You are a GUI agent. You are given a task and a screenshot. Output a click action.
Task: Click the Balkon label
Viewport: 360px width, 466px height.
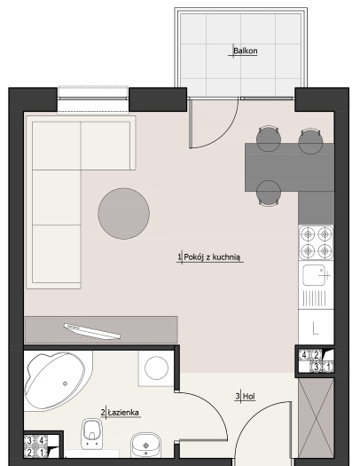coord(245,51)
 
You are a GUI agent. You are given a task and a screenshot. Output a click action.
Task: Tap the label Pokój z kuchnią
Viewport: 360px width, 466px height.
coord(212,257)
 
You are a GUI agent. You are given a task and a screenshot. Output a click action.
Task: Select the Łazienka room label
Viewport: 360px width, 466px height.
coord(123,413)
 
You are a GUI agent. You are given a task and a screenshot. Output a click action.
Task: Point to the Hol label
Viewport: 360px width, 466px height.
coord(249,396)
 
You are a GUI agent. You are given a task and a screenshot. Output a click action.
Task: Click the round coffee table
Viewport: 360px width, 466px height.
coord(124,213)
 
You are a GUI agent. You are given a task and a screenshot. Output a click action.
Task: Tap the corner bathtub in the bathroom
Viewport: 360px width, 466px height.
coord(58,381)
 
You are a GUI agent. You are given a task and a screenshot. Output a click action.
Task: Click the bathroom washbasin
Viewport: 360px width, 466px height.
coord(145,445)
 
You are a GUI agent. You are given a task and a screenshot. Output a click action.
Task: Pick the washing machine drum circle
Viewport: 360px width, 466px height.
coord(156,368)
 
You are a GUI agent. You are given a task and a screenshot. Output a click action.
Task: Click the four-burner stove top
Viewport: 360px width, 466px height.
coord(316,242)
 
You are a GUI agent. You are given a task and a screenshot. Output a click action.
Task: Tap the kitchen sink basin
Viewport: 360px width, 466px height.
coord(314,275)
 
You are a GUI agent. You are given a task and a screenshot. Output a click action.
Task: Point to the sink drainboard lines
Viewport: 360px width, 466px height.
coord(314,298)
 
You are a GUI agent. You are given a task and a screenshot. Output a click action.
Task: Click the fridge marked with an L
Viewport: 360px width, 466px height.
coord(316,328)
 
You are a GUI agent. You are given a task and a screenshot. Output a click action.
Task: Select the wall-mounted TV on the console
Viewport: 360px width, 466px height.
coord(92,331)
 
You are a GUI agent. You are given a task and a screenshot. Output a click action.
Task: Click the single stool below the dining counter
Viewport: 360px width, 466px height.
coord(269,193)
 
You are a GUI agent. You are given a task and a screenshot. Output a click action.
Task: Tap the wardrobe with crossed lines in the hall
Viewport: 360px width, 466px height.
coord(316,419)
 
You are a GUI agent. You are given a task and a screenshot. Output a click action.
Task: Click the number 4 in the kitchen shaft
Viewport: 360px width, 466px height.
coord(304,354)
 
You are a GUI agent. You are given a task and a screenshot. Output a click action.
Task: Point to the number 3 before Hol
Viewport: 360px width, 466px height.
coord(238,396)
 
